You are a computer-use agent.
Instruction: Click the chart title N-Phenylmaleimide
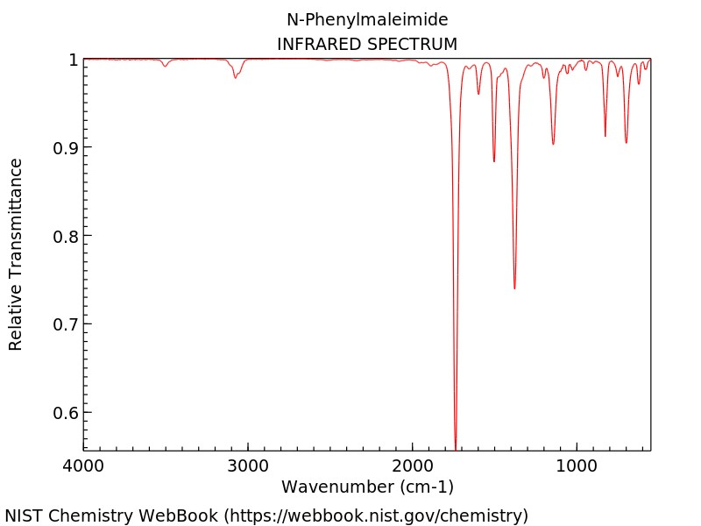[x=367, y=19]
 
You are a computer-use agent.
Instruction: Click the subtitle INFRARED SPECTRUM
[x=367, y=43]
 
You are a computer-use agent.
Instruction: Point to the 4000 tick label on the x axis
[x=83, y=466]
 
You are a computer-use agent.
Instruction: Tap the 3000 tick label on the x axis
[x=248, y=466]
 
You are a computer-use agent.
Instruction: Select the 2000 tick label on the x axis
[x=413, y=466]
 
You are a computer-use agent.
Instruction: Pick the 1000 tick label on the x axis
[x=577, y=466]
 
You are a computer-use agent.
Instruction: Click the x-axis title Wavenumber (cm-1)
[x=367, y=487]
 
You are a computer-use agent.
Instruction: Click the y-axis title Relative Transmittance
[x=16, y=254]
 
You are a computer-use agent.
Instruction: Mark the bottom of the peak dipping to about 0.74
[x=514, y=288]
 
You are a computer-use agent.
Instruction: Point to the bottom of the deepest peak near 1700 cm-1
[x=456, y=447]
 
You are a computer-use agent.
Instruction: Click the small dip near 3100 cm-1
[x=235, y=77]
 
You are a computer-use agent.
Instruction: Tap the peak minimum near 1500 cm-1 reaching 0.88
[x=494, y=161]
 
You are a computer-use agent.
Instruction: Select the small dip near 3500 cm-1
[x=165, y=66]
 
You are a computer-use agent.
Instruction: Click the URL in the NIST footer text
[x=378, y=515]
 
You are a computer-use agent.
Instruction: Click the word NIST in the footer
[x=25, y=515]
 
